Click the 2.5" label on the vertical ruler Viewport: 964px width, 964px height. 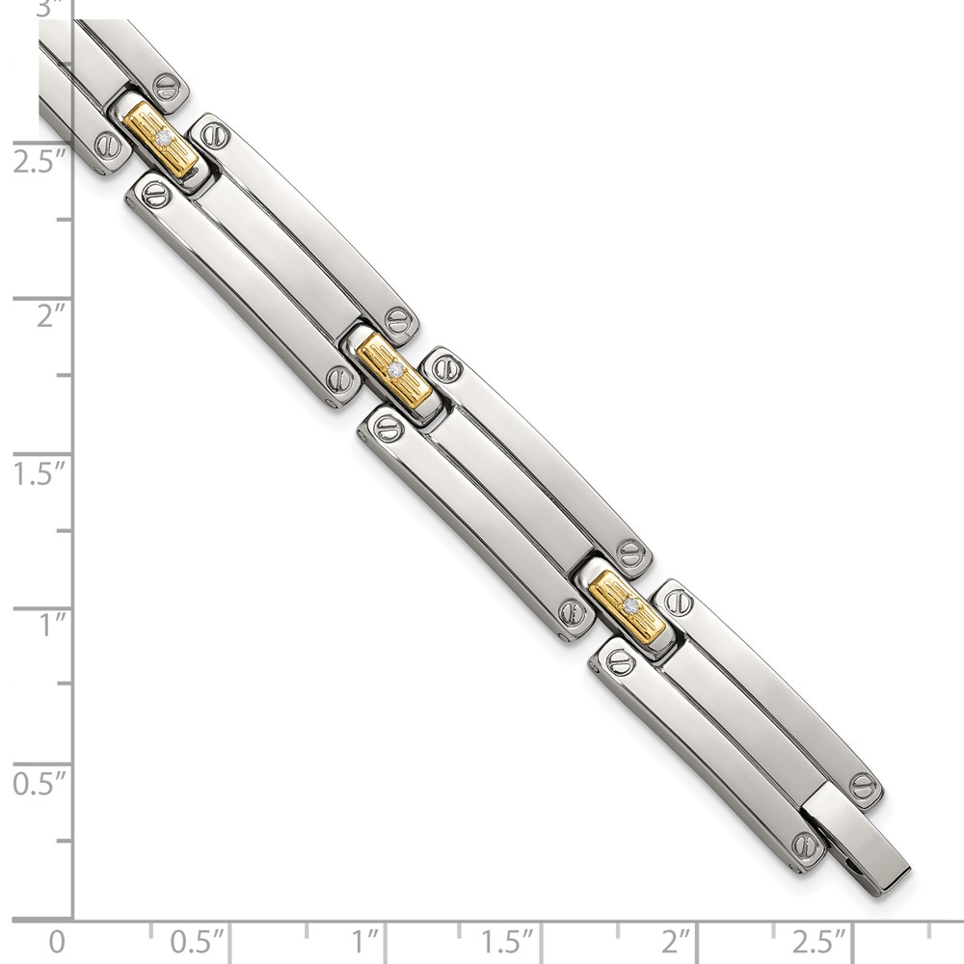point(39,163)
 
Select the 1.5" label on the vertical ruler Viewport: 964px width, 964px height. point(39,473)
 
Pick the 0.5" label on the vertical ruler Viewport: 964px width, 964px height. point(39,783)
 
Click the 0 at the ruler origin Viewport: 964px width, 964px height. point(57,942)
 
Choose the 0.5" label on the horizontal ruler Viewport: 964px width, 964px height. point(197,941)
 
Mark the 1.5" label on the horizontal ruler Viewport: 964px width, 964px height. point(507,941)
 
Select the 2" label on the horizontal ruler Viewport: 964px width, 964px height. point(676,941)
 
